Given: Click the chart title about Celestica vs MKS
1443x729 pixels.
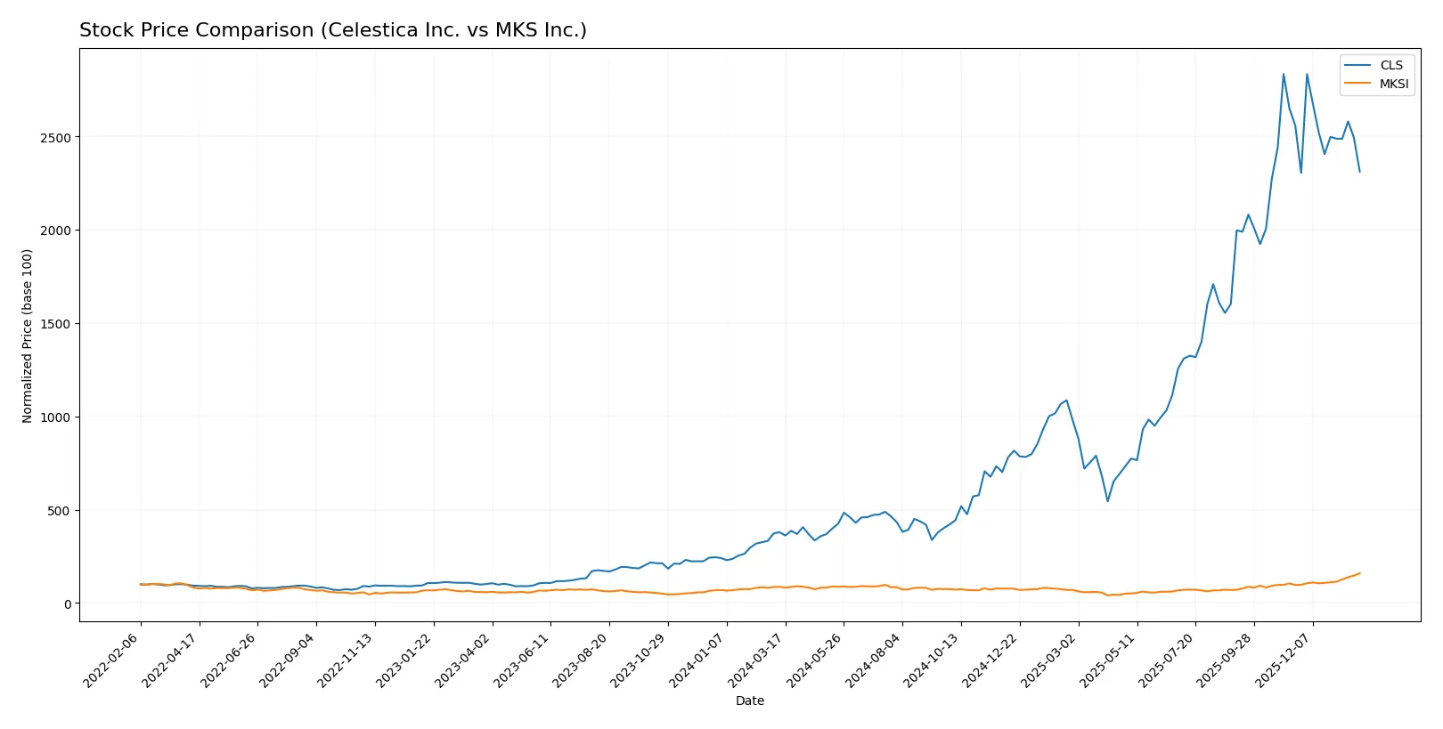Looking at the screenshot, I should (x=333, y=30).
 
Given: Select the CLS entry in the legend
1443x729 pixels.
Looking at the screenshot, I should (x=1390, y=65).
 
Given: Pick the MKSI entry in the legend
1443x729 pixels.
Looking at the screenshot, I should (x=1393, y=84).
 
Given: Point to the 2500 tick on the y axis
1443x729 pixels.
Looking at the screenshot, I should (x=56, y=137).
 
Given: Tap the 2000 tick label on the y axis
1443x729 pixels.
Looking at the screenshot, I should (x=56, y=231).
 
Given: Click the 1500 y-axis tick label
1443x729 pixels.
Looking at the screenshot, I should (x=56, y=324).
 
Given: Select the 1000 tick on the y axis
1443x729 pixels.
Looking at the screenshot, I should (x=56, y=417).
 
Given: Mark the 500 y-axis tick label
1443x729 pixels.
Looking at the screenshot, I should (x=60, y=511).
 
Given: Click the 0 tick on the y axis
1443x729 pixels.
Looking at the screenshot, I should (x=67, y=604).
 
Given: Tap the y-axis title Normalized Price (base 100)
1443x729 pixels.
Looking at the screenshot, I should (x=28, y=336).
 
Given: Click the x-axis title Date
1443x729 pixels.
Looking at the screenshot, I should (x=749, y=701).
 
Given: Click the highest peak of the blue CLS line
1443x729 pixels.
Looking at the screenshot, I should (x=1284, y=74).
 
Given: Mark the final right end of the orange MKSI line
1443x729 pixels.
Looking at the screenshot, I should (x=1359, y=573).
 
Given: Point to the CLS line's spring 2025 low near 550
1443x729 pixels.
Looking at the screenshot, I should (x=1108, y=501).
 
